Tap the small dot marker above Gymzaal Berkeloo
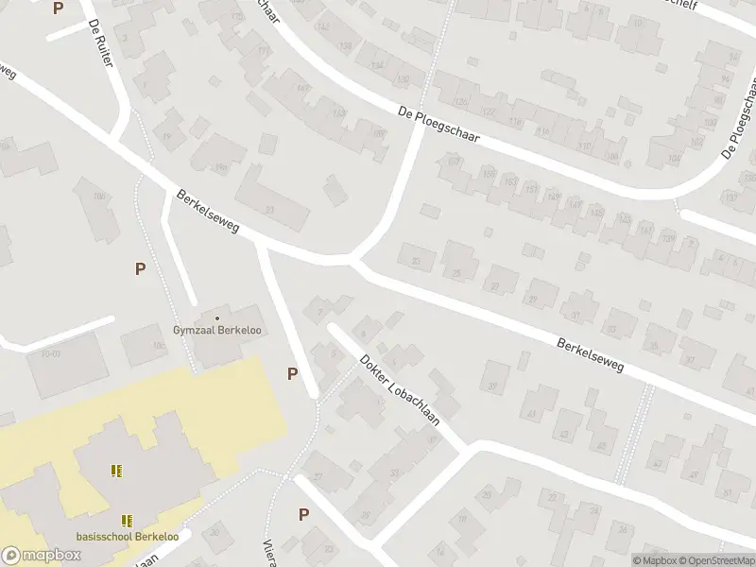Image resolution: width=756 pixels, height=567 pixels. point(217,318)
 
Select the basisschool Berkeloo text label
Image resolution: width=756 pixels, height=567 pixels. point(126,535)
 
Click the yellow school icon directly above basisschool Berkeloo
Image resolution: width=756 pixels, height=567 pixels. point(126,520)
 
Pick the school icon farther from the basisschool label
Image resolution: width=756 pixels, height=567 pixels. point(117,470)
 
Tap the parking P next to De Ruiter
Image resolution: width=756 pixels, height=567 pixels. point(59,9)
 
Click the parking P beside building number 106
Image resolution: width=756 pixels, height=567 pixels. point(140,268)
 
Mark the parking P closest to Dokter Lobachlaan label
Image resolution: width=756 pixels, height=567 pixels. point(293,373)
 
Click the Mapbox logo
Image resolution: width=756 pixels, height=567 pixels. point(41,556)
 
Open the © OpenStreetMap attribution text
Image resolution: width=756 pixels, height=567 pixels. point(713,560)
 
